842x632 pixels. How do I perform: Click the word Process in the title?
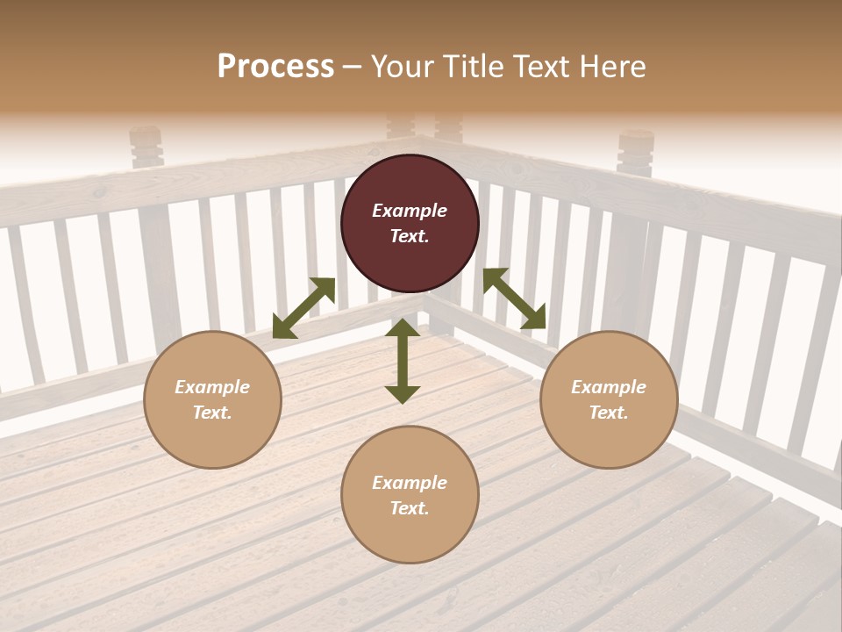[275, 67]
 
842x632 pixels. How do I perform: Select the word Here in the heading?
[611, 67]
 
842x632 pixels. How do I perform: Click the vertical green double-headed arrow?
[403, 361]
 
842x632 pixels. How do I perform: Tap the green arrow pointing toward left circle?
[303, 308]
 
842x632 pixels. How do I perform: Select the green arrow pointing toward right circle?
[515, 298]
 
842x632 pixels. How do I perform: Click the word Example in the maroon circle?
[410, 211]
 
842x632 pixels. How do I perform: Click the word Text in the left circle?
[211, 413]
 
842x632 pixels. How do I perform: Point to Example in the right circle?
[609, 387]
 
